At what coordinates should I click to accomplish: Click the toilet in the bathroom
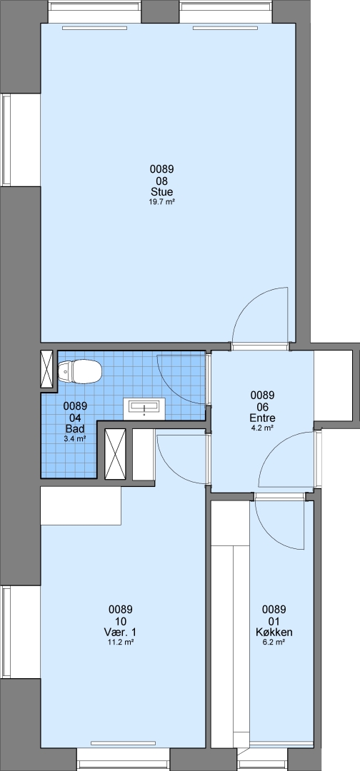79,371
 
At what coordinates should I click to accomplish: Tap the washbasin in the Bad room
144,408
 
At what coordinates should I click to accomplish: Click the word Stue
162,191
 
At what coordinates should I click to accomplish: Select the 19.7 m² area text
162,201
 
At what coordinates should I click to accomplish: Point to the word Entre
262,418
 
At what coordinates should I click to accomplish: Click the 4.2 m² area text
262,428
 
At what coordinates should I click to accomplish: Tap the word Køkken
274,633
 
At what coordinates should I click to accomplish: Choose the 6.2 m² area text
274,642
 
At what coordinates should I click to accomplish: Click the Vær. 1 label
121,633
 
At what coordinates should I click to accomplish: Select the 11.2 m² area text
121,642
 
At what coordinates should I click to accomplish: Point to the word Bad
75,429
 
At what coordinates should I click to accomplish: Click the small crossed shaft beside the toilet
48,369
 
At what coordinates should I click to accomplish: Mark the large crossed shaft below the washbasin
116,453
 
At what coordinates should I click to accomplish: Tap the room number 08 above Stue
162,181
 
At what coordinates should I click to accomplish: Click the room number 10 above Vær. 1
121,621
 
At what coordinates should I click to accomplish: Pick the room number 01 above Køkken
274,621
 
